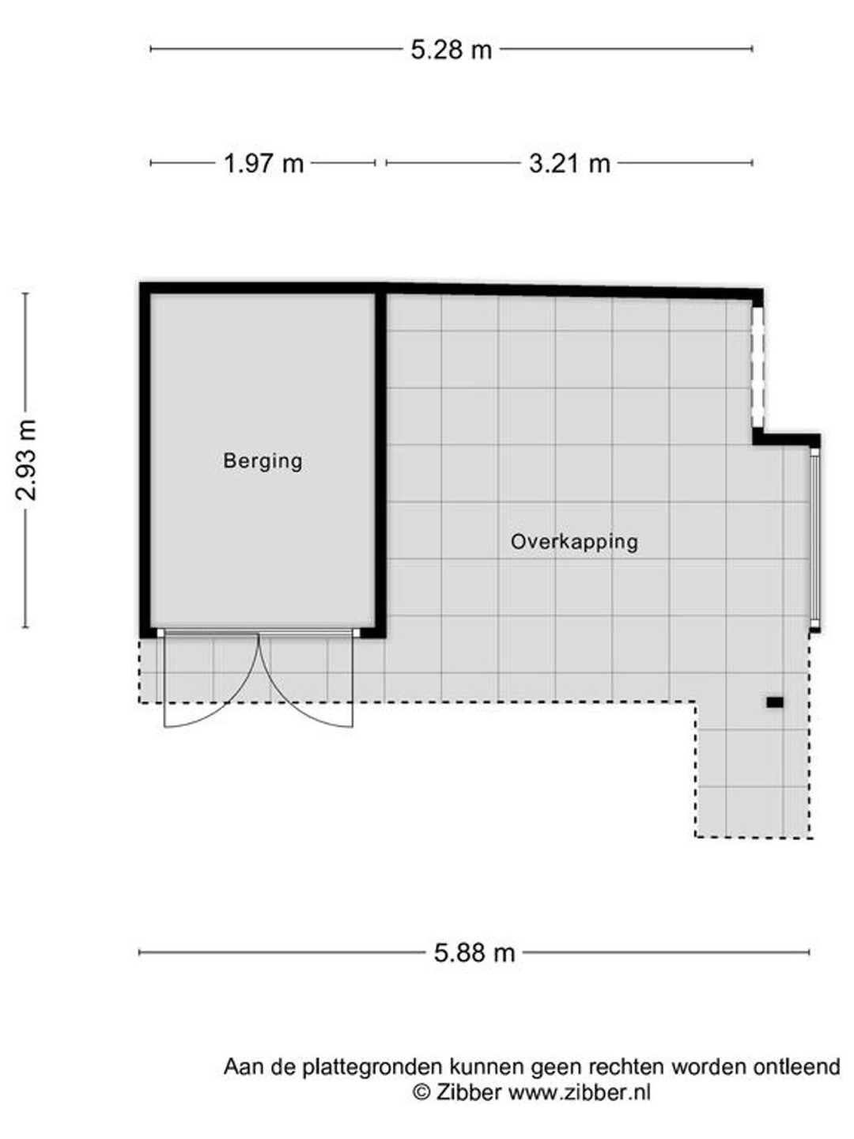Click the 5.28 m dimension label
[451, 50]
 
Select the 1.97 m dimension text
[263, 164]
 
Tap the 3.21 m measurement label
[569, 164]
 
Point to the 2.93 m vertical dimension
[26, 460]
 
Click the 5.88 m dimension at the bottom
[474, 952]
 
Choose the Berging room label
[263, 461]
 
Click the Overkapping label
[574, 543]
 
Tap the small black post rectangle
[775, 702]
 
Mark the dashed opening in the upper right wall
[758, 367]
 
